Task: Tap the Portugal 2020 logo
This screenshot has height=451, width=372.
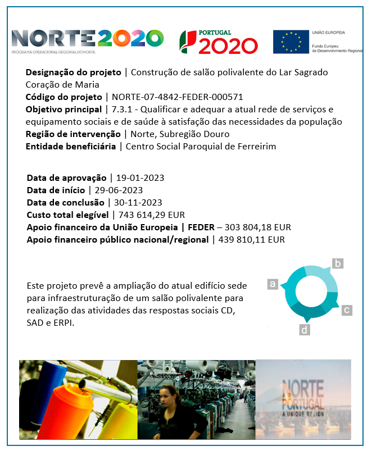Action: point(219,42)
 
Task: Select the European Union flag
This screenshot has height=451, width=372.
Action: point(291,42)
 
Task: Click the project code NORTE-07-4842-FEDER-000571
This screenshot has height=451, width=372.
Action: point(178,97)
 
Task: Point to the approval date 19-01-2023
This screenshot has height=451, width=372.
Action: point(139,178)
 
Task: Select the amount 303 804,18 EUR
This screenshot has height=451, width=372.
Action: point(258,227)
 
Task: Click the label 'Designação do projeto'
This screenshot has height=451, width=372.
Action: point(72,72)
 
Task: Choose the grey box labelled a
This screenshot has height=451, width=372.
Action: point(273,284)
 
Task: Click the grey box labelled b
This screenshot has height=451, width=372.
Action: point(338,263)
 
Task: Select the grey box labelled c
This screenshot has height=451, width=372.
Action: point(347,309)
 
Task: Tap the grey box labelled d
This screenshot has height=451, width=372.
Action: point(305,330)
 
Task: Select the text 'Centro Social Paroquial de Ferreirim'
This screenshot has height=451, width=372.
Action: point(201,147)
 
